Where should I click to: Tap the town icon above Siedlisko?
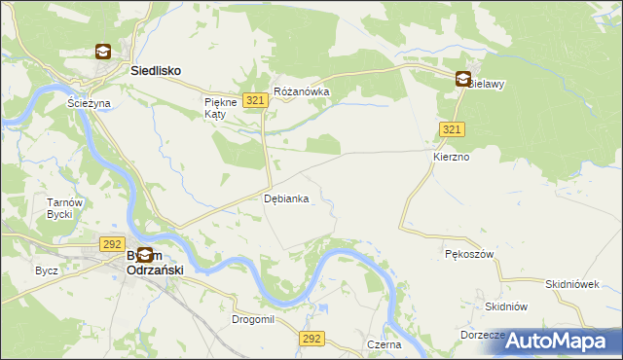tap(103, 53)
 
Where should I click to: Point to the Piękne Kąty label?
tap(215, 107)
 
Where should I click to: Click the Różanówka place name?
tap(302, 91)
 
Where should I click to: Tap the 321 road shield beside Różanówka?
tap(256, 100)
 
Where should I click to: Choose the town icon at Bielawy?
tap(464, 81)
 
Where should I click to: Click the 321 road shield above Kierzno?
tap(451, 129)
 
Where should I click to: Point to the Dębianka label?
tap(287, 198)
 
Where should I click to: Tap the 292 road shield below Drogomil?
tap(311, 338)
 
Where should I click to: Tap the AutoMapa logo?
tap(559, 341)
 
